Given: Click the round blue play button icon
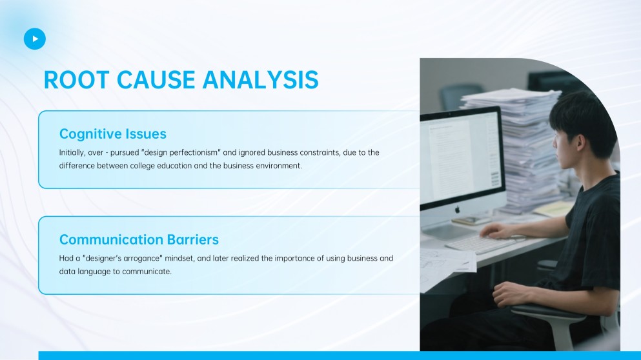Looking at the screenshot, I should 35,39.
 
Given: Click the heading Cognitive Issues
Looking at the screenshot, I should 113,134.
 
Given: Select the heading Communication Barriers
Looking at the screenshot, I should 139,240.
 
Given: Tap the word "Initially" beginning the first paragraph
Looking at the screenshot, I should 72,153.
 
